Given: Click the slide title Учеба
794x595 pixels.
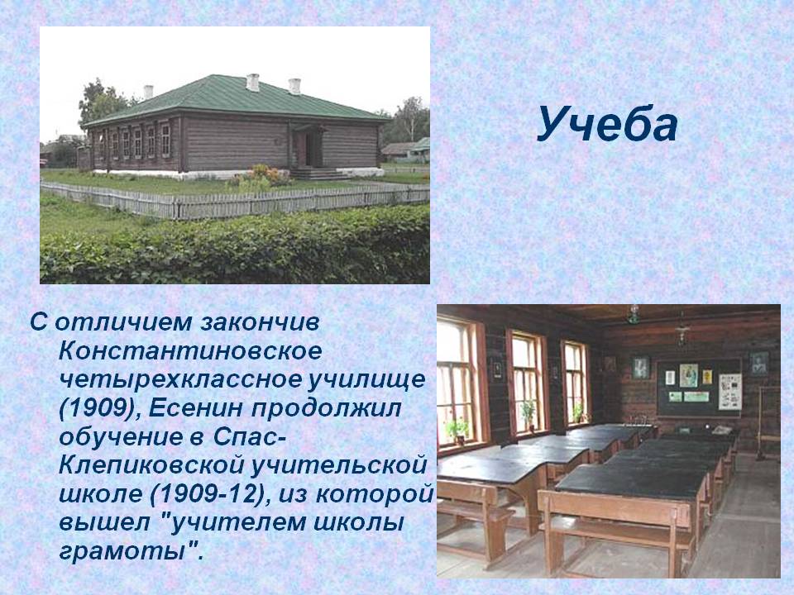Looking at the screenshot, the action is [x=606, y=125].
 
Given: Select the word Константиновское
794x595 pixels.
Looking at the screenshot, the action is [x=190, y=351].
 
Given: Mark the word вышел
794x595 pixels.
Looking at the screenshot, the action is [x=99, y=523].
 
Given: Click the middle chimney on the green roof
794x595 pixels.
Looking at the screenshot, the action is [x=253, y=83].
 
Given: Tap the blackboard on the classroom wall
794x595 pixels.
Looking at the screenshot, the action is [x=700, y=388].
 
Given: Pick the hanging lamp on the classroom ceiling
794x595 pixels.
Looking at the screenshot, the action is [x=633, y=314].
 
